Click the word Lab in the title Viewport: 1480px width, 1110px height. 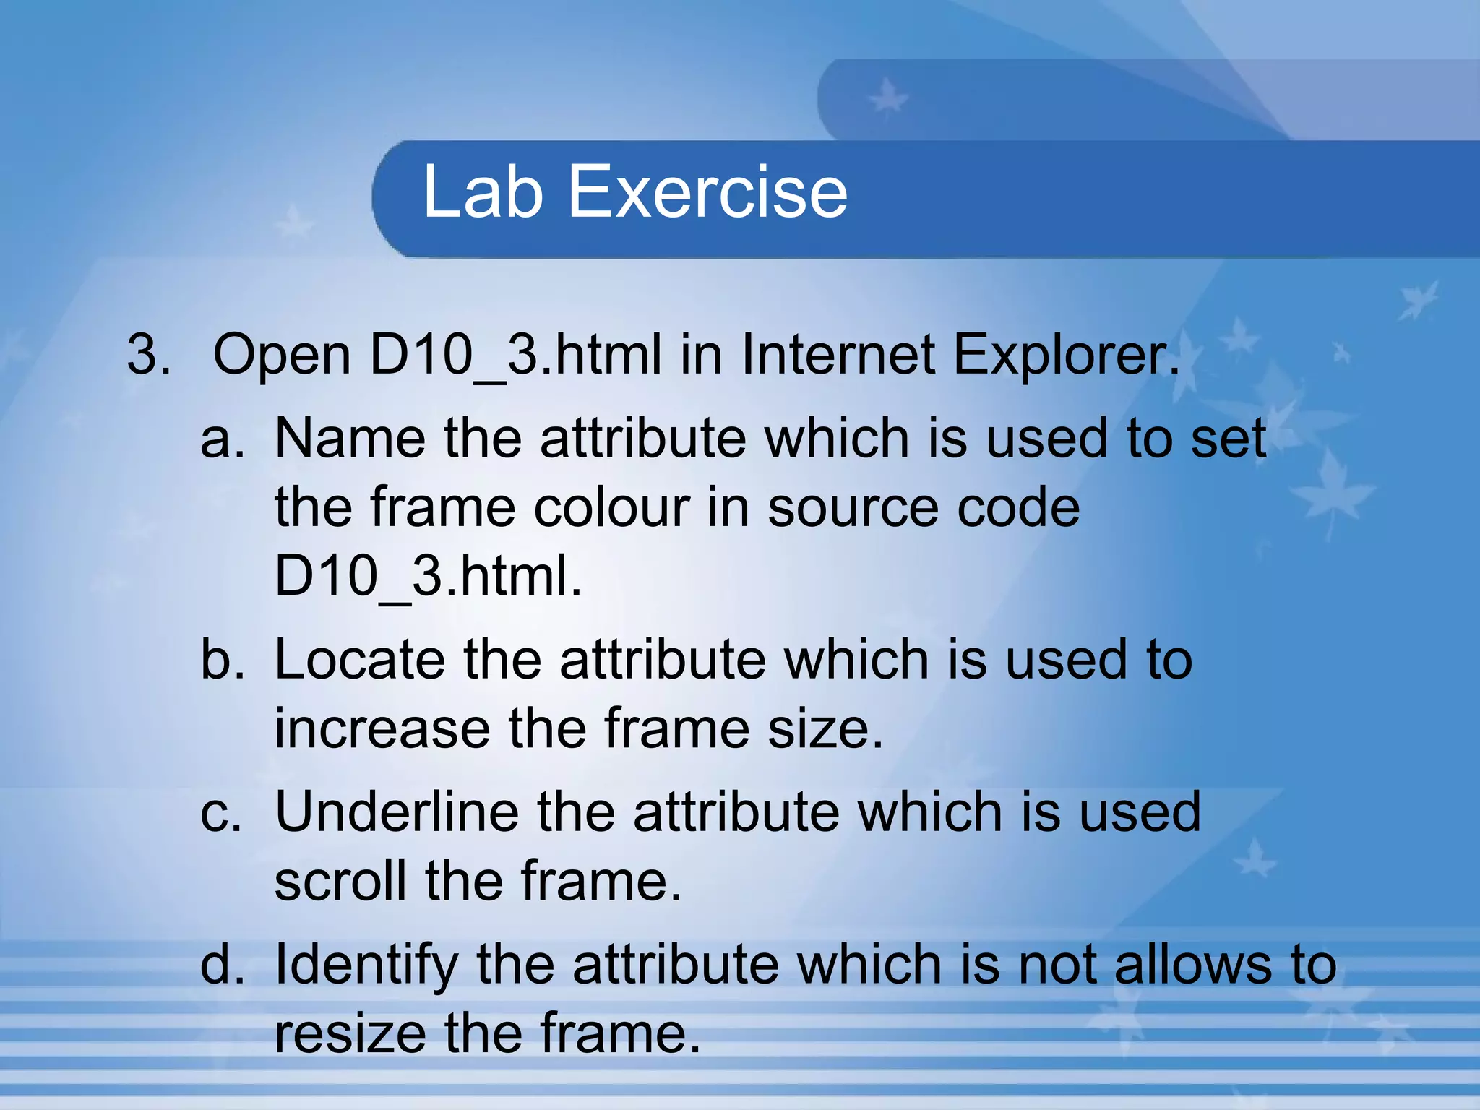coord(482,192)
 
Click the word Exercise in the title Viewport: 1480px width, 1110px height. coord(707,192)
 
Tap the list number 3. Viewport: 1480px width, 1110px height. coord(148,355)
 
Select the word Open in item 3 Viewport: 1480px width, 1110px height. coord(282,356)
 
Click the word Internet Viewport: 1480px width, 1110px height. coord(838,355)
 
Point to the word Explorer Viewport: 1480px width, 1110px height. coord(1066,356)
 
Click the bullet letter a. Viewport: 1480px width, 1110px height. coord(222,439)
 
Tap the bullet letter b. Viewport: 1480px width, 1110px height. coord(222,660)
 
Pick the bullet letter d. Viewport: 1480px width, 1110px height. coord(222,965)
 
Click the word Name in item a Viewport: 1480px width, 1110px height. coord(350,438)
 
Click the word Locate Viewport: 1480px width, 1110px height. coord(360,660)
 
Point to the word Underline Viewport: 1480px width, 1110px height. coord(397,812)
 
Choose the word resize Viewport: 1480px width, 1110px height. coord(350,1033)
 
